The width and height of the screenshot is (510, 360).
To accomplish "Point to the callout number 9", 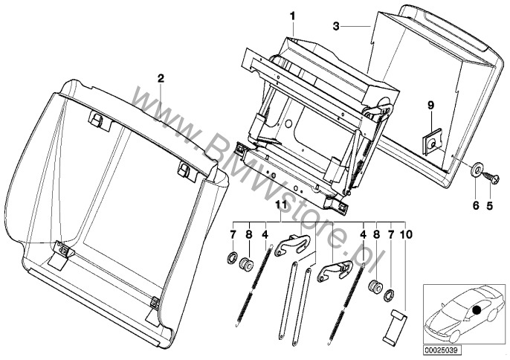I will click(430, 106).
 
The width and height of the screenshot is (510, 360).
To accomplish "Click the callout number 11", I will click(281, 205).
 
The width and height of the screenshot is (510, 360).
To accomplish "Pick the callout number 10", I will click(404, 234).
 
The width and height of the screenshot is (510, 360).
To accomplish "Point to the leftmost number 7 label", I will click(233, 234).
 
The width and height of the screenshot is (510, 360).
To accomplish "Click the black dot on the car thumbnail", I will click(475, 309).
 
